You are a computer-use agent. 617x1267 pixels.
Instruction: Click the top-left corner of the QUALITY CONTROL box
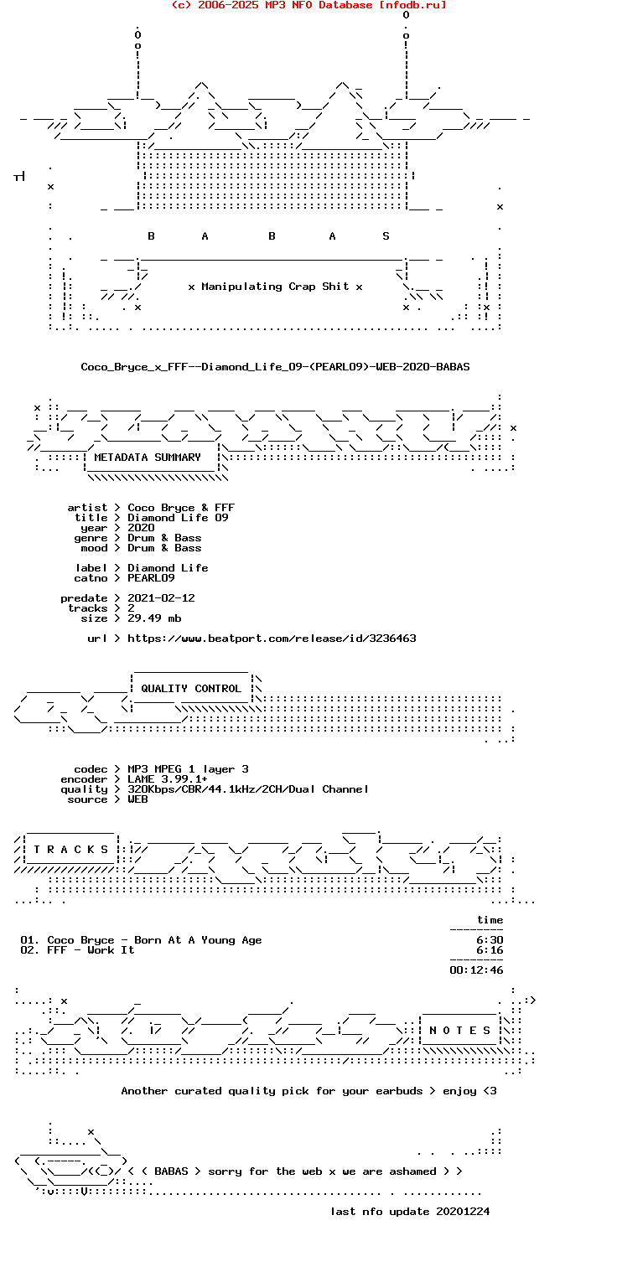[132, 673]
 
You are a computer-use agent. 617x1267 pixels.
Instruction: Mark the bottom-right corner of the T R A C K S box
[117, 862]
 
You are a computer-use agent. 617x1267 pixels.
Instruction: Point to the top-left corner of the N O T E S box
[420, 1016]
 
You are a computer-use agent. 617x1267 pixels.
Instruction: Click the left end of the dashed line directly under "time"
[450, 929]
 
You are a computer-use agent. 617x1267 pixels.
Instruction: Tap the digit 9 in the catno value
[172, 578]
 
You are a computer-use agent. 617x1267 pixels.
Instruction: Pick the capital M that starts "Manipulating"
[205, 287]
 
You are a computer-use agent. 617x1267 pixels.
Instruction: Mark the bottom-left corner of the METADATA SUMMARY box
[85, 470]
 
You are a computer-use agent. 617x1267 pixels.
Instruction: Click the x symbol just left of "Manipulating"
[191, 287]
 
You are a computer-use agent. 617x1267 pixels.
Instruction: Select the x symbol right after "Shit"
[359, 287]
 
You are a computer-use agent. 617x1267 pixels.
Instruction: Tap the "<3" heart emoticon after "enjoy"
[490, 1090]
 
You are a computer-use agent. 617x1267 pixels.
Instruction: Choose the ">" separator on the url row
[117, 638]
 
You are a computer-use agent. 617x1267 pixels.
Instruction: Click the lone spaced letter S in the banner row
[386, 235]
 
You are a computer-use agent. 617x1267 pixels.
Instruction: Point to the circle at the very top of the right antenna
[406, 15]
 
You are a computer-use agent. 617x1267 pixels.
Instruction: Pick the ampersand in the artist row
[205, 507]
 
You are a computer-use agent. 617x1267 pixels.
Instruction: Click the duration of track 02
[490, 949]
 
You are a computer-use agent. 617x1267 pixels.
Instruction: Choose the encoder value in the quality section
[168, 778]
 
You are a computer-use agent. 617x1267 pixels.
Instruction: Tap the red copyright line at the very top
[309, 5]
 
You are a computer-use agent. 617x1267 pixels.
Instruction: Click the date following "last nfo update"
[463, 1211]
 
